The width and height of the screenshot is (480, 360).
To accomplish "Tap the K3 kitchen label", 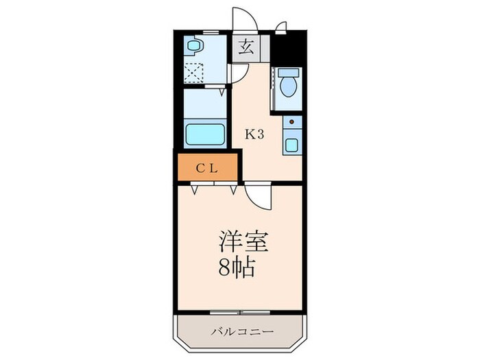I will (x=255, y=134).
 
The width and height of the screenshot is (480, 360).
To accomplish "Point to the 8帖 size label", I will (x=237, y=267).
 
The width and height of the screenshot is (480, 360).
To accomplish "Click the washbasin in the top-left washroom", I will (x=194, y=47).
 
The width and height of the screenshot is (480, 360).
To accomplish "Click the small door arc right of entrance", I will (x=280, y=27).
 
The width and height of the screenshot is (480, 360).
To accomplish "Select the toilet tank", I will (x=287, y=72).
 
